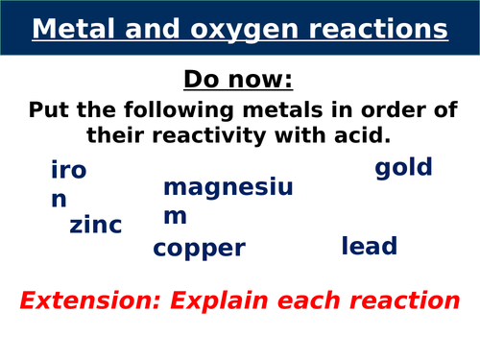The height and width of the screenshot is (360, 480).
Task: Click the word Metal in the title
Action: pyautogui.click(x=73, y=30)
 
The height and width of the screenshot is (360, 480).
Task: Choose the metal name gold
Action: pyautogui.click(x=403, y=169)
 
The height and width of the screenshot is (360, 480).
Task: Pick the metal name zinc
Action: pyautogui.click(x=96, y=227)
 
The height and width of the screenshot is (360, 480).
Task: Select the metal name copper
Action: pyautogui.click(x=200, y=250)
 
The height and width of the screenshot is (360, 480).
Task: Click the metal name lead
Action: pyautogui.click(x=369, y=246)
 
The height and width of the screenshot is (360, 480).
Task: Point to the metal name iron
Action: pyautogui.click(x=67, y=184)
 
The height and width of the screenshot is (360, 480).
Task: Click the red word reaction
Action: pyautogui.click(x=407, y=300)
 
